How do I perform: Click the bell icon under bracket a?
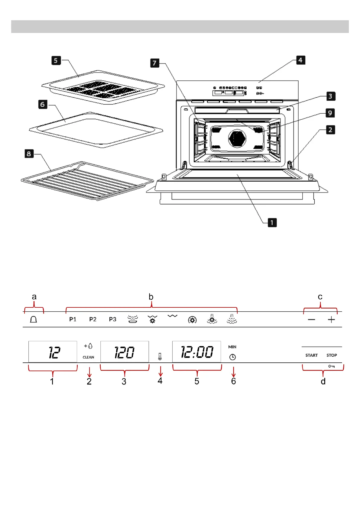(x=34, y=319)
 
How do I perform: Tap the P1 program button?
(x=73, y=319)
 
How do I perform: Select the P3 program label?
(x=112, y=319)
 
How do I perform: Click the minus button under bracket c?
(x=311, y=320)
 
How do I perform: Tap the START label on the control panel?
(x=311, y=355)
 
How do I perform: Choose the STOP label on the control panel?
(x=332, y=355)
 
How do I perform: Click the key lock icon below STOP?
(x=331, y=366)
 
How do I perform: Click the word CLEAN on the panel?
(x=88, y=357)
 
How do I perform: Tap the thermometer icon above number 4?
(x=160, y=357)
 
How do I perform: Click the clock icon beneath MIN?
(x=232, y=357)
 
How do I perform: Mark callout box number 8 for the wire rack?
(x=29, y=154)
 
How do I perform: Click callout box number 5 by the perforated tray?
(x=56, y=60)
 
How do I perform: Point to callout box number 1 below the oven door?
(x=272, y=223)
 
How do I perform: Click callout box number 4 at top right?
(x=300, y=60)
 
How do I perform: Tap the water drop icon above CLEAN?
(x=90, y=346)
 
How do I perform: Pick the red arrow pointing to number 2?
(x=89, y=372)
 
